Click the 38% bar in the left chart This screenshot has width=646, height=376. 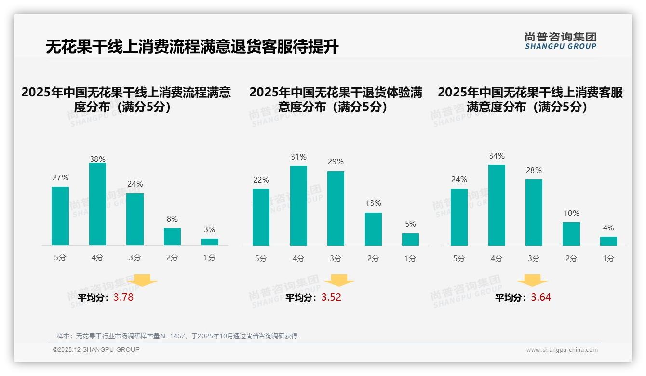click(x=97, y=204)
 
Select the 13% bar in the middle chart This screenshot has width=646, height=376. click(x=373, y=229)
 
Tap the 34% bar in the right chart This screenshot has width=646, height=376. click(x=497, y=205)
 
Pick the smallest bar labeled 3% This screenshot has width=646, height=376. click(x=210, y=242)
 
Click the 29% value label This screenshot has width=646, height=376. click(x=336, y=162)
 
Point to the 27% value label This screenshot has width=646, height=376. click(x=60, y=178)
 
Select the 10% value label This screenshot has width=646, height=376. click(x=571, y=213)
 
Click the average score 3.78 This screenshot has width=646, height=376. click(x=123, y=297)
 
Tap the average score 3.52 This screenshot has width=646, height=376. click(x=331, y=297)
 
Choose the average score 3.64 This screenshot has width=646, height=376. click(x=541, y=297)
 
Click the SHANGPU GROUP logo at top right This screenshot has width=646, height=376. click(x=560, y=41)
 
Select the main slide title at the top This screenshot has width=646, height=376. click(x=192, y=47)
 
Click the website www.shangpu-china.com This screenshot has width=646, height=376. click(x=562, y=350)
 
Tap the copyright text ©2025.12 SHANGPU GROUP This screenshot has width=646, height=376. click(x=96, y=349)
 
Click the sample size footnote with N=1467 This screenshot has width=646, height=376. click(x=177, y=336)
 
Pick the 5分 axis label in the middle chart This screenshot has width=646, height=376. click(x=261, y=258)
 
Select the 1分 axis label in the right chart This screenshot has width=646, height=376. click(x=608, y=258)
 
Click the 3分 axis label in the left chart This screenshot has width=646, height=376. click(x=135, y=258)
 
